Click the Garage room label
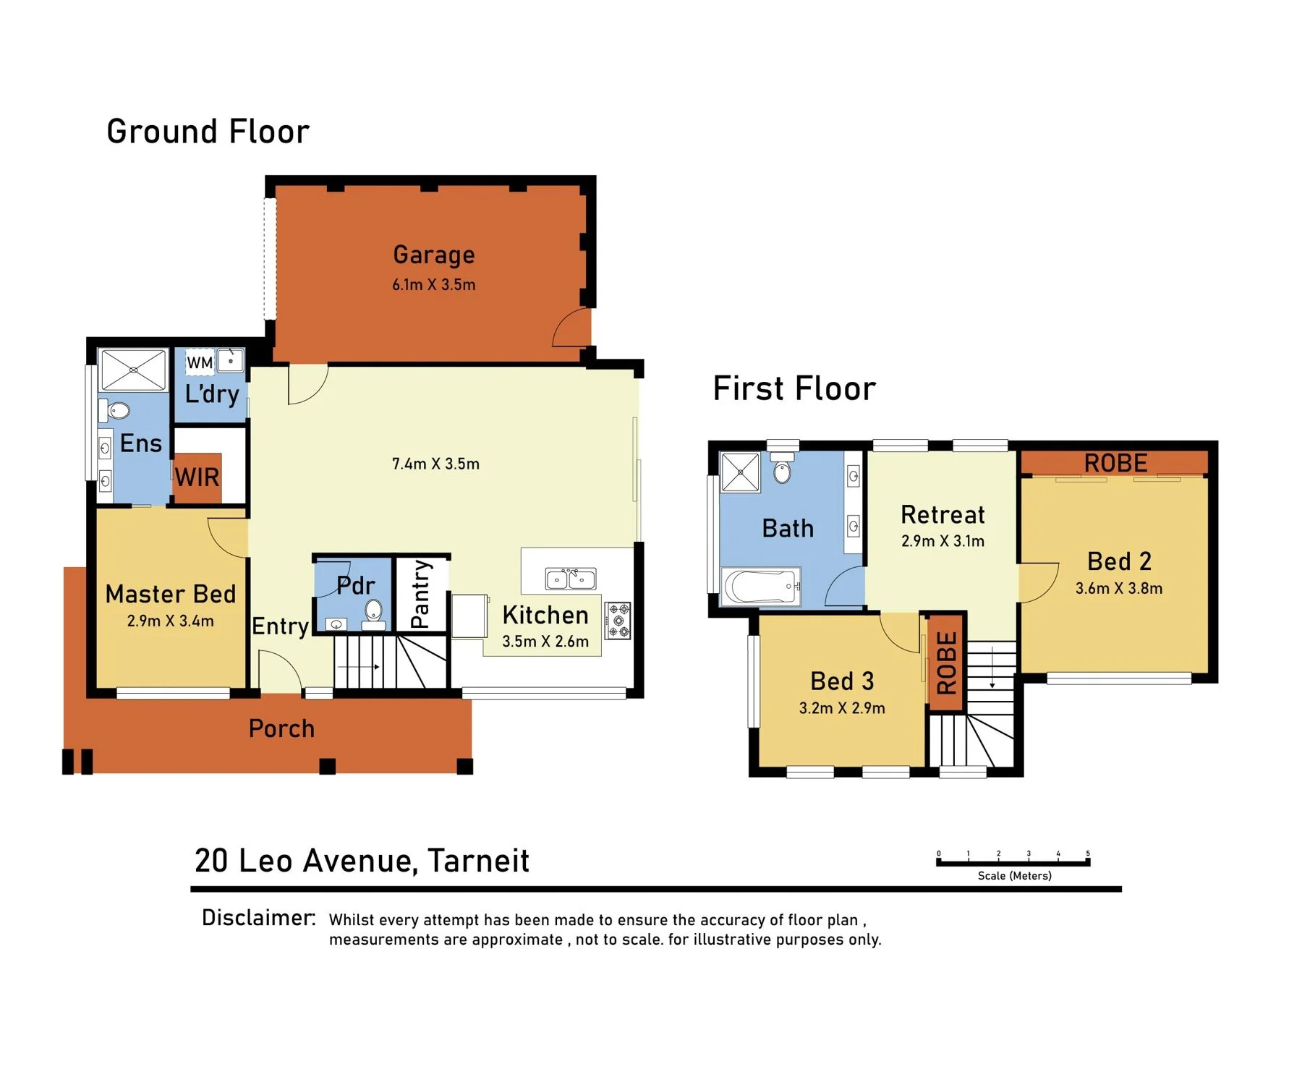click(434, 255)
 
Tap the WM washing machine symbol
click(200, 362)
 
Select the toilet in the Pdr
click(373, 612)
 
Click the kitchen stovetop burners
click(618, 621)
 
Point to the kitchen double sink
click(571, 579)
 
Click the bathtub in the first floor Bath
click(762, 586)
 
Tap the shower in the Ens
click(134, 370)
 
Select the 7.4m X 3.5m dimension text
click(435, 464)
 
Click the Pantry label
click(420, 594)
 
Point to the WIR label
click(197, 477)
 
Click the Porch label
click(281, 728)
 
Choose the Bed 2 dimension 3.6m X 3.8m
click(1119, 588)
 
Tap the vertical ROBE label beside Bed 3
click(947, 663)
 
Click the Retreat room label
click(943, 515)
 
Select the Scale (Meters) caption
click(1014, 876)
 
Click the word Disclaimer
click(258, 918)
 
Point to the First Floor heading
click(794, 388)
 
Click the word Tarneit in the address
click(478, 861)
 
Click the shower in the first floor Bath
click(740, 472)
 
